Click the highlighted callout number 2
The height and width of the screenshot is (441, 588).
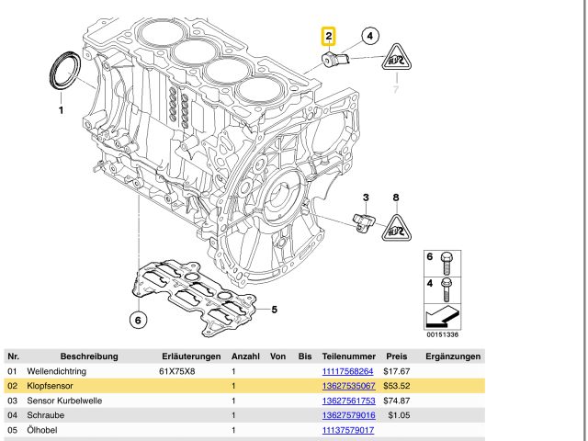pos(328,38)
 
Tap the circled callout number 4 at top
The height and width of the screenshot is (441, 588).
pos(369,37)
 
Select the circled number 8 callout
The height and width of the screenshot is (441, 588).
pos(396,198)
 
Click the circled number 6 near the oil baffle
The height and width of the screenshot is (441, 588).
pos(137,320)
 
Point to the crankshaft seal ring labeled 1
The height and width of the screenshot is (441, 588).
pos(63,72)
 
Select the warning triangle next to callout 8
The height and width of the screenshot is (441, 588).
pos(397,225)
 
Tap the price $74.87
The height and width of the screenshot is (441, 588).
pos(397,401)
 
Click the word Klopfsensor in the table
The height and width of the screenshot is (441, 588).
pos(52,386)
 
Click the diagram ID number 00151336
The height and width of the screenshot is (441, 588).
pos(440,335)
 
